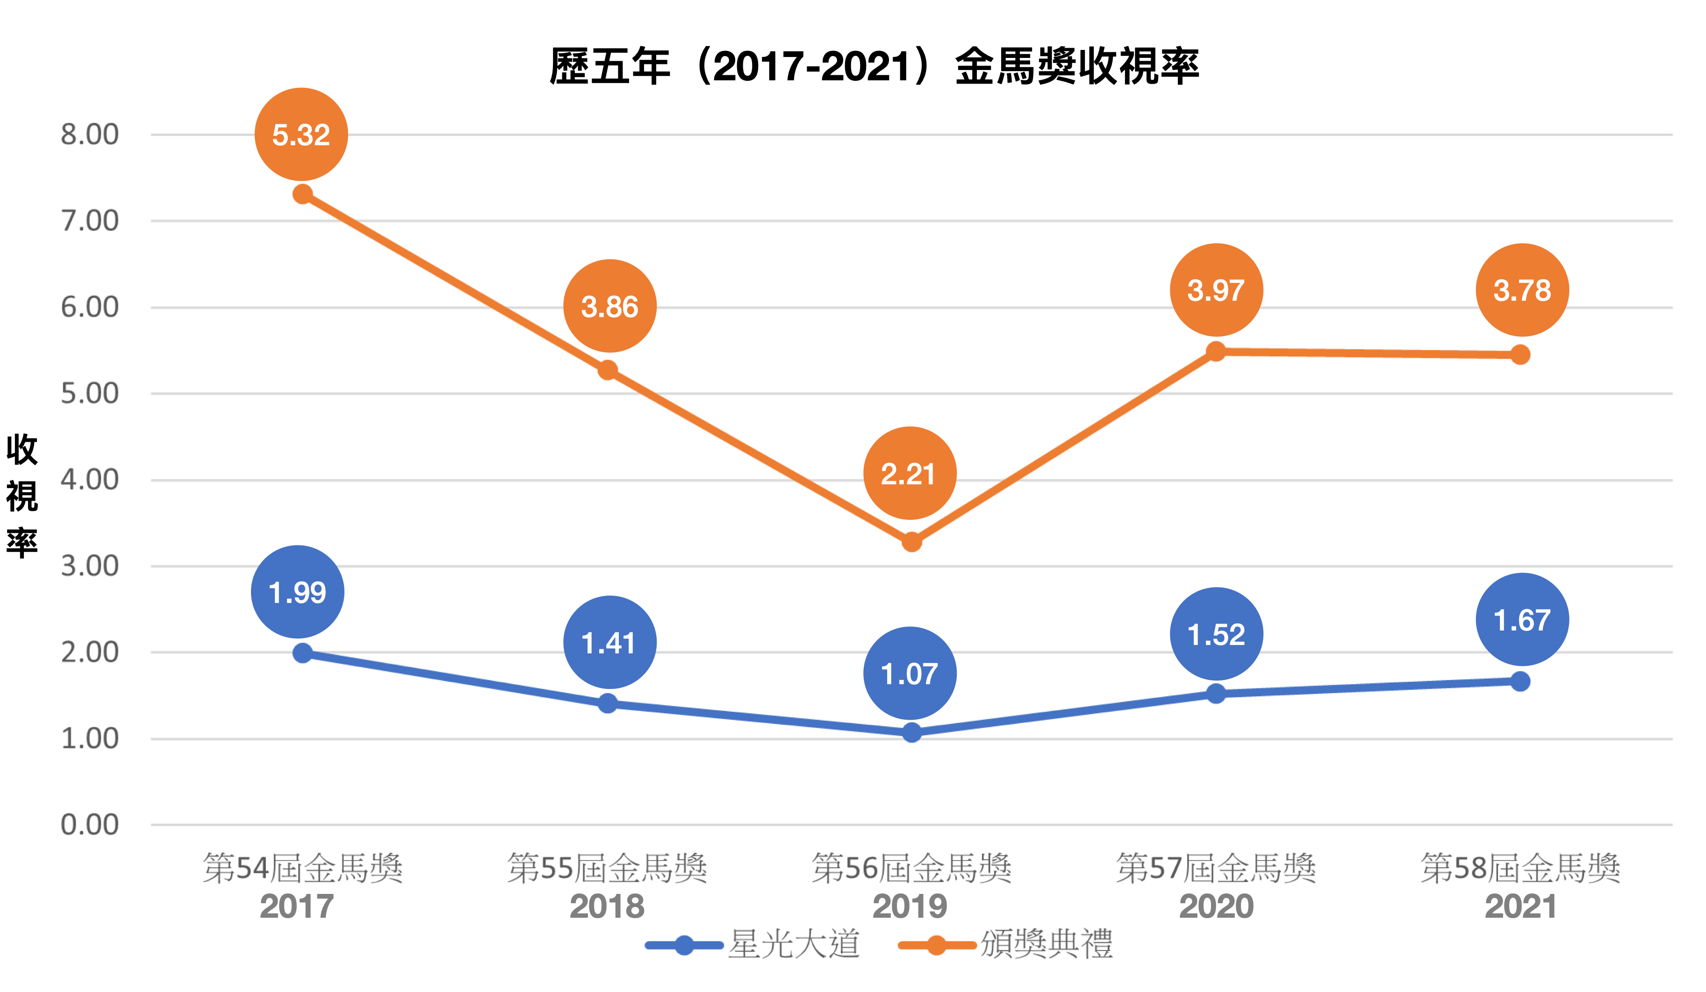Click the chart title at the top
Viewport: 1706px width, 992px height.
[x=873, y=66]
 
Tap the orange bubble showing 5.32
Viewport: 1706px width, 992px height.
[x=301, y=135]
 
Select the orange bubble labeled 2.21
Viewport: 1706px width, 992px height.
[x=910, y=473]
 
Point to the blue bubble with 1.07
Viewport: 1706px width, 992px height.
[x=910, y=673]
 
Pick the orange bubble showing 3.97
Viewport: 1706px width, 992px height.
[x=1217, y=290]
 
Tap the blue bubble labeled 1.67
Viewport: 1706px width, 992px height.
[x=1522, y=620]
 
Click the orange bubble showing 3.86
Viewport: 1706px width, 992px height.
[x=610, y=306]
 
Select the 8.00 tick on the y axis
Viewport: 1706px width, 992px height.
[x=89, y=135]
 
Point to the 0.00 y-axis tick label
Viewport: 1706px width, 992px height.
[x=89, y=825]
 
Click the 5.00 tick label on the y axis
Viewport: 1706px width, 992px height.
[x=89, y=394]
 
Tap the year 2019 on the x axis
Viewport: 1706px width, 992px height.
[x=910, y=907]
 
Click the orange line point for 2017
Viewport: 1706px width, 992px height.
[x=302, y=195]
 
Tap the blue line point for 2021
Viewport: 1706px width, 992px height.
[x=1520, y=681]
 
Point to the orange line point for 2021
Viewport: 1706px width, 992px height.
[x=1520, y=354]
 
